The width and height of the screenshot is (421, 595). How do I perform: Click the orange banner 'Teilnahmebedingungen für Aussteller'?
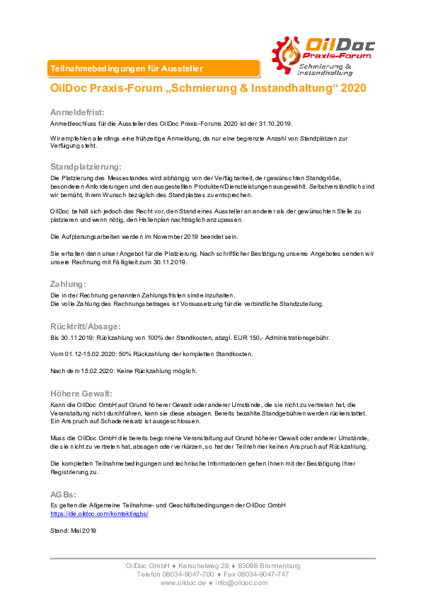click(x=154, y=69)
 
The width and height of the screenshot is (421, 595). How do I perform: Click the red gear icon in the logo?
click(x=285, y=55)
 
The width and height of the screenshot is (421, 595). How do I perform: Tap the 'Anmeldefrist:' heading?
click(x=77, y=112)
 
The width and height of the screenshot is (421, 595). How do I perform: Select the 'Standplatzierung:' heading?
click(x=86, y=167)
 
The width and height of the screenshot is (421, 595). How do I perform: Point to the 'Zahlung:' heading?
click(x=68, y=284)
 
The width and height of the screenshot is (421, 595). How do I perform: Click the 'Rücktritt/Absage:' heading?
click(x=86, y=326)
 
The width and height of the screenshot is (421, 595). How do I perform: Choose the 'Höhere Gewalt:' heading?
click(x=81, y=394)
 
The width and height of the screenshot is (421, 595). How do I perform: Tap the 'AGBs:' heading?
click(x=63, y=495)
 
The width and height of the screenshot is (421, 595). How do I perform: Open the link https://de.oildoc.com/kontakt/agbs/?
click(x=99, y=514)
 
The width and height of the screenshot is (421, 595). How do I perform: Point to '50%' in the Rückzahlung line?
click(x=125, y=354)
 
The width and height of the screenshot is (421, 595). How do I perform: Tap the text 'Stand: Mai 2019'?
click(x=73, y=531)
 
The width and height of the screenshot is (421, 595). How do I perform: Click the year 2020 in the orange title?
click(x=354, y=88)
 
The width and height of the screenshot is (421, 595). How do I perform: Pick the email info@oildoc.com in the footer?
click(x=242, y=583)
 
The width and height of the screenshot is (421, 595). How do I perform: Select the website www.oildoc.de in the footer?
click(x=183, y=583)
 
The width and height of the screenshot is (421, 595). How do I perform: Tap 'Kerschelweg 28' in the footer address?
click(x=204, y=566)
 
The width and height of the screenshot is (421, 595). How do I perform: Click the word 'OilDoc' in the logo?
click(x=340, y=45)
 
